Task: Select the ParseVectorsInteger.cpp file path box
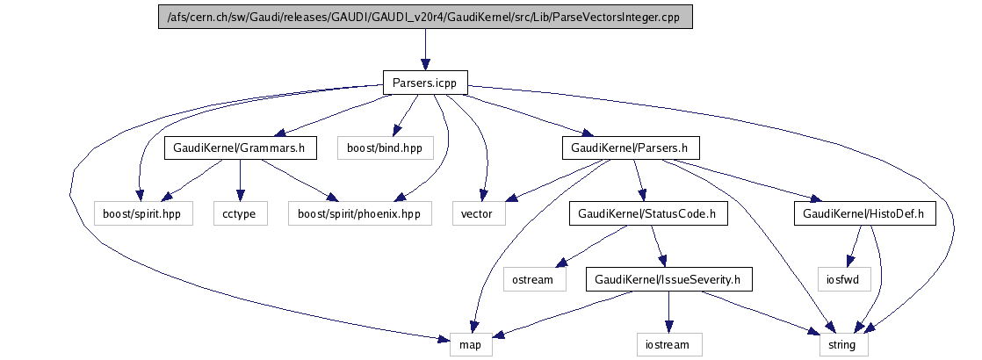(425, 16)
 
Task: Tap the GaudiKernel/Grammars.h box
(240, 148)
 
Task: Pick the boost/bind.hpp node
(385, 148)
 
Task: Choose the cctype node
(240, 213)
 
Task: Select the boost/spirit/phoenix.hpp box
(360, 213)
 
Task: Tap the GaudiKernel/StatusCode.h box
(647, 213)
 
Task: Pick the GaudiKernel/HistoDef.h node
(864, 213)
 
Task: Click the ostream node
(533, 279)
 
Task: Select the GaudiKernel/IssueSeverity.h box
(668, 279)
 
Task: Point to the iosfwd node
(843, 279)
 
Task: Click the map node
(471, 345)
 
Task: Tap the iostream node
(669, 345)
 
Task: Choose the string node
(841, 345)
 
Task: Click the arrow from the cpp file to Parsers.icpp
(425, 49)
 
